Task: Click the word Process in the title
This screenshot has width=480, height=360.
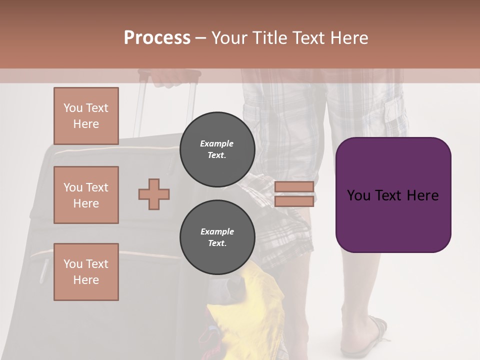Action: point(157,38)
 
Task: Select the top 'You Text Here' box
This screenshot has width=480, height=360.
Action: point(86,116)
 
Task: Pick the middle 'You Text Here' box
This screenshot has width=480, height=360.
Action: point(86,195)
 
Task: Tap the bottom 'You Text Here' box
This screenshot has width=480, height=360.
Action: point(86,272)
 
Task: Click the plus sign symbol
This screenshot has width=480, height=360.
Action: point(154,194)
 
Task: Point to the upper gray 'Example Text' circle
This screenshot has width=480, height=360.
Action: point(217,149)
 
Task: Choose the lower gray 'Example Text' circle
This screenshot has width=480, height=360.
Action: point(217,237)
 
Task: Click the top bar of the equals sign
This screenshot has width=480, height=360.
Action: point(294,186)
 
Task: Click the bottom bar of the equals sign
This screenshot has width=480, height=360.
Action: point(294,201)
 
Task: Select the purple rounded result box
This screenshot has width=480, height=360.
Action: point(393,195)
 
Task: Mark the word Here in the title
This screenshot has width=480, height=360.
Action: point(348,38)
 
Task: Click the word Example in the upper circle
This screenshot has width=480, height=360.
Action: point(217,143)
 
